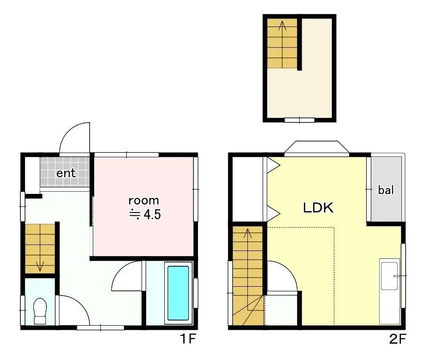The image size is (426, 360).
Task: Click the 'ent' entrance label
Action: tap(66, 173)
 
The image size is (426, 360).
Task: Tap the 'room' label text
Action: tap(144, 200)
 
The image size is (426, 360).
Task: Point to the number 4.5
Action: tap(152, 215)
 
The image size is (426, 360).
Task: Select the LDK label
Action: tap(318, 208)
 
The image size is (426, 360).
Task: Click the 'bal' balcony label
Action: tap(386, 190)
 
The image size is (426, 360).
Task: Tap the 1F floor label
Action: tap(188, 339)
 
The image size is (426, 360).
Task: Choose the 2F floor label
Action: tap(398, 339)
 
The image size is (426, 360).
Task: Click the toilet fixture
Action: tap(40, 311)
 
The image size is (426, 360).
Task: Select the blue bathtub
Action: tap(178, 293)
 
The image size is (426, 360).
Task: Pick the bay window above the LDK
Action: tap(317, 148)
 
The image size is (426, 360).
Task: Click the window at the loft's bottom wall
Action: tap(299, 120)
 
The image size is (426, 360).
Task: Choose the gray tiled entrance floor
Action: tap(65, 172)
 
